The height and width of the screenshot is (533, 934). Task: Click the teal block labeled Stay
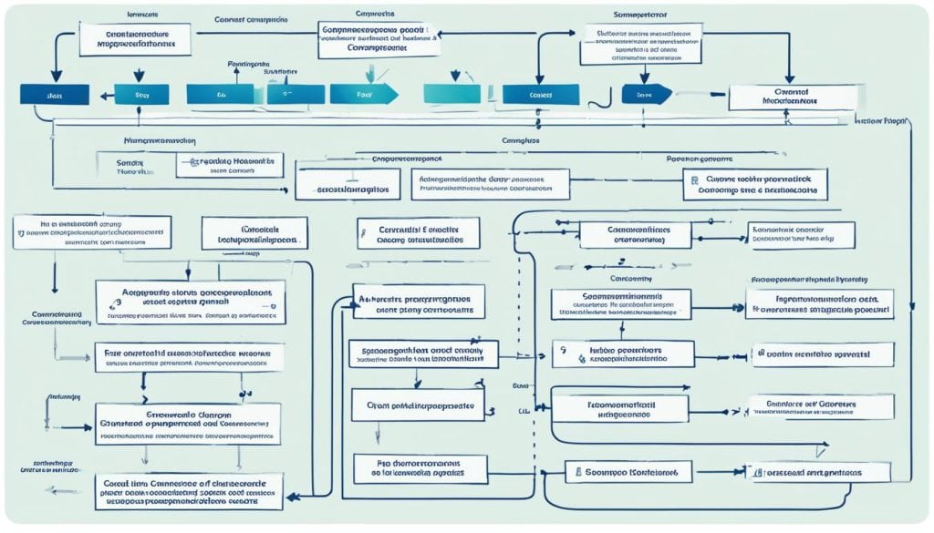[140, 94]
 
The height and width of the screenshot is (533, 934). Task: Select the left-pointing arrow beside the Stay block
[102, 94]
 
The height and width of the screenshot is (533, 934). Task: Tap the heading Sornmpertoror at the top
[634, 16]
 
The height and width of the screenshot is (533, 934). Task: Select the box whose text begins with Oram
[419, 405]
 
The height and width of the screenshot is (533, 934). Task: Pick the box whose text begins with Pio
[419, 468]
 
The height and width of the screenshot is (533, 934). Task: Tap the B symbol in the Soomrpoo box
[577, 472]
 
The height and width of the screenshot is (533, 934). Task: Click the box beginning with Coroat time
[189, 490]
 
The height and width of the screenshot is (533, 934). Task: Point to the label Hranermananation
[161, 142]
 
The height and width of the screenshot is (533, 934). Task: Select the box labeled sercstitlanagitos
[348, 191]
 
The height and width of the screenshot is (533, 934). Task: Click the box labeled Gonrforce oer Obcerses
[818, 406]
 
